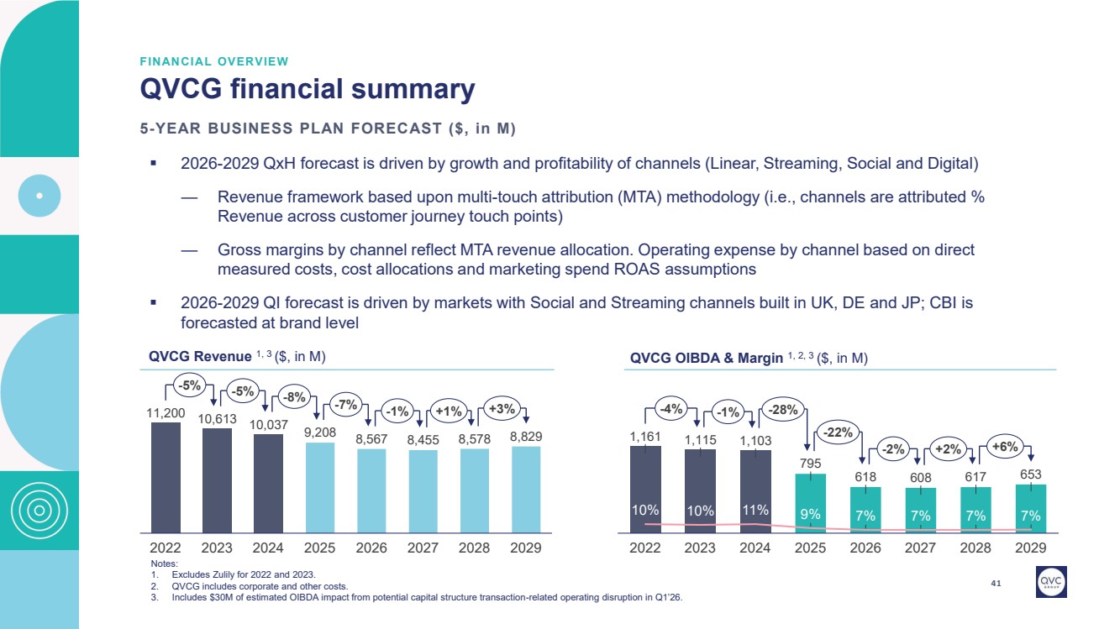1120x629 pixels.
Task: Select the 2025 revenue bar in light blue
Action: (x=319, y=487)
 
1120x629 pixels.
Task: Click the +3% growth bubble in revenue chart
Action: (x=502, y=410)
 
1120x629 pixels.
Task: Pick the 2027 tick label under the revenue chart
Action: (x=423, y=547)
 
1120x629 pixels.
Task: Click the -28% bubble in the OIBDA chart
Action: (x=782, y=409)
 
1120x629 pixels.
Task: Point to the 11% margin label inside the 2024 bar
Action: (x=755, y=511)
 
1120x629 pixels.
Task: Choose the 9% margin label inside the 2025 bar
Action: (x=810, y=515)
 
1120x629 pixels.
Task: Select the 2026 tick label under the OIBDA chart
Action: (x=865, y=547)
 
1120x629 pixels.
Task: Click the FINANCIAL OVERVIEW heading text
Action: (x=213, y=61)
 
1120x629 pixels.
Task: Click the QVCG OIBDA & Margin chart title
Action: (x=748, y=358)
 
